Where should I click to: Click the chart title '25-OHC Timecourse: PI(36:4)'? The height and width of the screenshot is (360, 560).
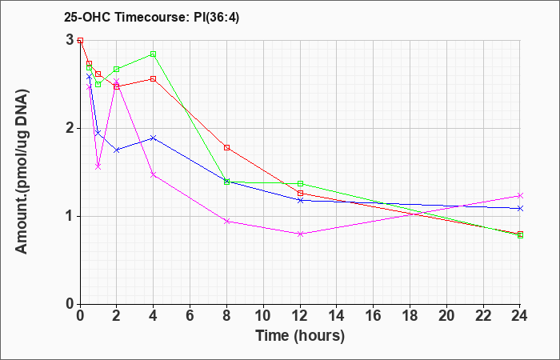(151, 17)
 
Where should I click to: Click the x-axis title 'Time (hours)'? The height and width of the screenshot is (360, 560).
(300, 336)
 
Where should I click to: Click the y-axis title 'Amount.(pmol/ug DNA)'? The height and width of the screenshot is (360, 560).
(22, 172)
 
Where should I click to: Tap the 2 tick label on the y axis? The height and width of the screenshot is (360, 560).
(70, 128)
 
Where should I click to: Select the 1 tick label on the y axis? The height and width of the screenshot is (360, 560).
(70, 216)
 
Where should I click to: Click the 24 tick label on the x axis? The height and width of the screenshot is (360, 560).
(520, 316)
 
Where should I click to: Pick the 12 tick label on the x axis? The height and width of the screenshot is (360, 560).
(300, 316)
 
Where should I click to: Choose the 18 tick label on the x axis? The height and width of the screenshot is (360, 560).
(410, 316)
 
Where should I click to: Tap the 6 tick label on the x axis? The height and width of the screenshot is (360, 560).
(190, 316)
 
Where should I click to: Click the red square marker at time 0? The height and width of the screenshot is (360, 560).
(80, 40)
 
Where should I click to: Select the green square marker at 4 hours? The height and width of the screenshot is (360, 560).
(154, 54)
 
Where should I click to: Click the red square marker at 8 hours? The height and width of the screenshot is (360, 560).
(226, 147)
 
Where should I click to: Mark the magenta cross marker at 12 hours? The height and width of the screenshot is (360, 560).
(300, 234)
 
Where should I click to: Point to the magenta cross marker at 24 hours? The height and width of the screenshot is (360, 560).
(520, 195)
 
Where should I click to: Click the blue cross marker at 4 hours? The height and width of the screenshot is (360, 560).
(154, 138)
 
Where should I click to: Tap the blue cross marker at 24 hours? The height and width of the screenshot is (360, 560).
(520, 208)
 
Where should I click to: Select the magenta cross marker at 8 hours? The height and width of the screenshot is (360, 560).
(226, 221)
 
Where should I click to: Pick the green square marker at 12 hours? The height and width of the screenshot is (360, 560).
(300, 183)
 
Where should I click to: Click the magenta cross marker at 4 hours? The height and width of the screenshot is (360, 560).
(154, 174)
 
